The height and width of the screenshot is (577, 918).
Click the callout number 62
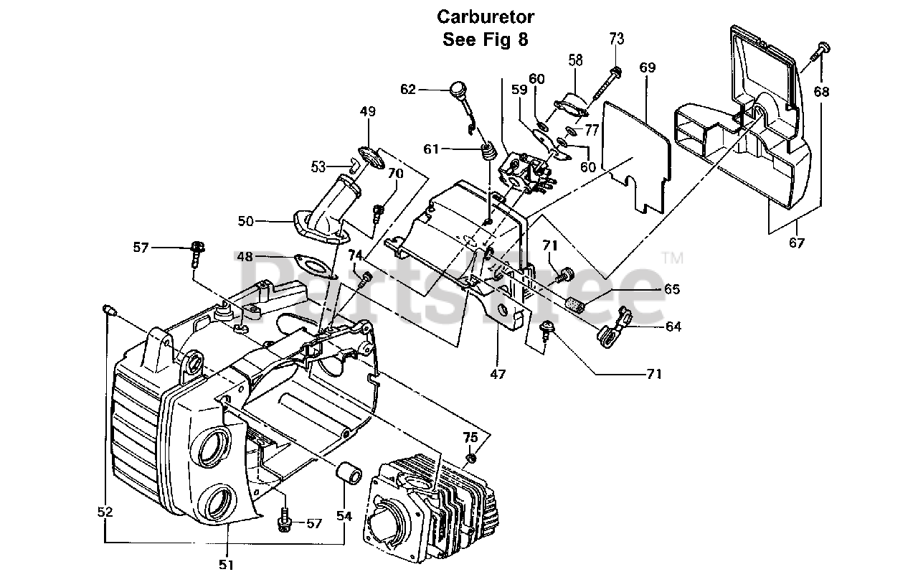tap(408, 89)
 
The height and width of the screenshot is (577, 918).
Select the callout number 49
tap(368, 112)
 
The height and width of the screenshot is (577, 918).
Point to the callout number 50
tap(246, 222)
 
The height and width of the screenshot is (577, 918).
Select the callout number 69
tap(648, 68)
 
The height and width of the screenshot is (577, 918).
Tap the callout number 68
tap(822, 92)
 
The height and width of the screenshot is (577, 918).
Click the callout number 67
tap(796, 243)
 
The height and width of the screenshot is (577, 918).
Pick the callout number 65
tap(672, 290)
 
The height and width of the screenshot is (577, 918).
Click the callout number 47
tap(498, 374)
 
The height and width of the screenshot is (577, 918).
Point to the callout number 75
tap(470, 437)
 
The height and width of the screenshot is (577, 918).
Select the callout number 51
tap(227, 565)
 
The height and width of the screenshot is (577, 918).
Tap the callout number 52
tap(105, 512)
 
